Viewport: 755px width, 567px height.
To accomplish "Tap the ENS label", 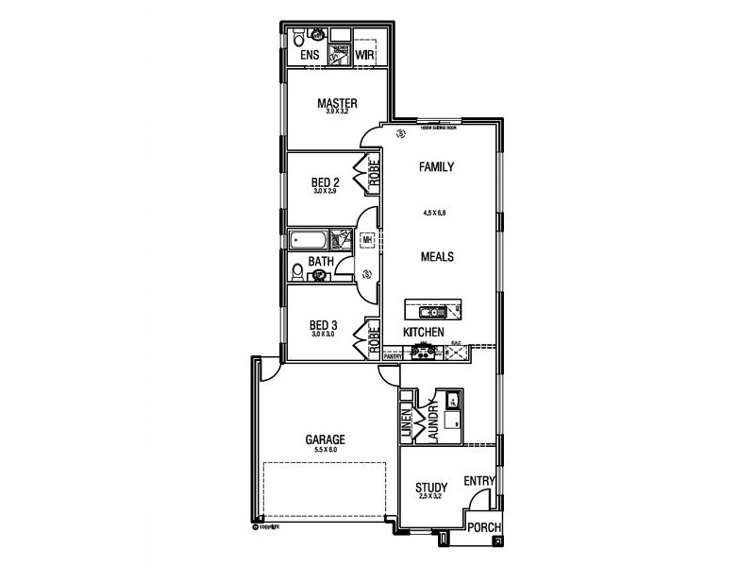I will coord(310,57).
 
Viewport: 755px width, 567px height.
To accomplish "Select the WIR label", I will coord(365,57).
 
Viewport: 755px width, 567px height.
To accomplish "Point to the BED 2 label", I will coord(325,182).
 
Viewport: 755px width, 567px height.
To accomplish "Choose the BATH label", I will coord(321,262).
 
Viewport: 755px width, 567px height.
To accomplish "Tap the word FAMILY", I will coord(437,167).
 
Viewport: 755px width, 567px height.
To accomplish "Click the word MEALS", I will coord(438,256).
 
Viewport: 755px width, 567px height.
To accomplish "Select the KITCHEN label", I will coord(424,333).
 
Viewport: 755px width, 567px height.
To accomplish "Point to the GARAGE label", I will coord(324,439).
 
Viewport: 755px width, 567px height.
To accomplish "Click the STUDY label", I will coord(431,489).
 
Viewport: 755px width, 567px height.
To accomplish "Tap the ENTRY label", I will coord(479,481).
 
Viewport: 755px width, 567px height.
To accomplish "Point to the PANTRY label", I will coord(393,356).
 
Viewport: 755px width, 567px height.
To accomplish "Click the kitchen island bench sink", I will coord(428,310).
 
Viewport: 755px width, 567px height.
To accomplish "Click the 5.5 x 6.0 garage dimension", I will coord(324,450).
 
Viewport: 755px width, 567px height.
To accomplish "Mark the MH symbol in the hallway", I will coord(366,240).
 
